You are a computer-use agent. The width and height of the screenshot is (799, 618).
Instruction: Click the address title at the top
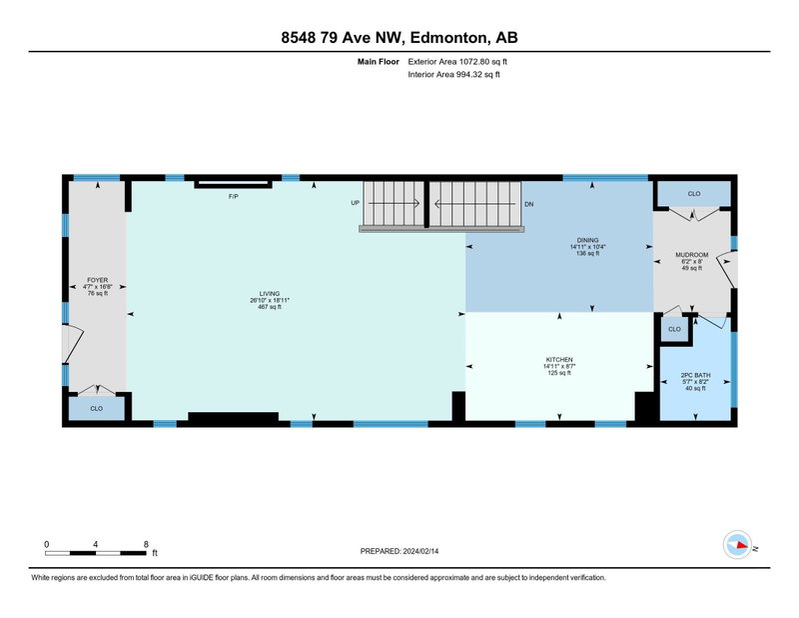[399, 37]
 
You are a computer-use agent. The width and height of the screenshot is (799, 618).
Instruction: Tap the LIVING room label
[270, 293]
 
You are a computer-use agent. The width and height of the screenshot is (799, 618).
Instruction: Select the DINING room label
[587, 240]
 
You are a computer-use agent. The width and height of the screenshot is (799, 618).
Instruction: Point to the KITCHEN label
[559, 360]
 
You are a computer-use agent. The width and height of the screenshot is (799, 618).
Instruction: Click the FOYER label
[97, 280]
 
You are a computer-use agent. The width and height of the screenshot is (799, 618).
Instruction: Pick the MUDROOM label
[691, 255]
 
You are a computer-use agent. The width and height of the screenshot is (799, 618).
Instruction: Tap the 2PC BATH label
[695, 375]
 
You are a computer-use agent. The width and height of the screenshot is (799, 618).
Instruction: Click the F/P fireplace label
[234, 196]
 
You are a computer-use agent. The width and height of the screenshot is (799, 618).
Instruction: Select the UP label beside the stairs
[356, 203]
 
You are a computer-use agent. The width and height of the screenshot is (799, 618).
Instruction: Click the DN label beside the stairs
[529, 204]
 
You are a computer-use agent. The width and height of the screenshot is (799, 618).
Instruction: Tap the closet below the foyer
[96, 408]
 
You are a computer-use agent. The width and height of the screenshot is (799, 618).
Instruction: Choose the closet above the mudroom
[694, 194]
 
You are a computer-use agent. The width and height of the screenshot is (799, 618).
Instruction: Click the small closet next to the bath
[674, 329]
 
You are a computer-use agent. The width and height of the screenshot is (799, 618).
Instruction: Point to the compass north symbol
[737, 545]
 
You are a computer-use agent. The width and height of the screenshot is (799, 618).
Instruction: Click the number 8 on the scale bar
[146, 544]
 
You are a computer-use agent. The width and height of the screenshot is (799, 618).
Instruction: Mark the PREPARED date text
[399, 551]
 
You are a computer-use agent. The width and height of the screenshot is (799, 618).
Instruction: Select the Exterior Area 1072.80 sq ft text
[457, 62]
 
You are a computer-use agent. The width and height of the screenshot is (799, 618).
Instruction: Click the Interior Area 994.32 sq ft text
[454, 75]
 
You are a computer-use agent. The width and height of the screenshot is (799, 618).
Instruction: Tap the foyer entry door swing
[73, 344]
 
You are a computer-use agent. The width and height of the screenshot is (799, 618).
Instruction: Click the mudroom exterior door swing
[727, 271]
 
